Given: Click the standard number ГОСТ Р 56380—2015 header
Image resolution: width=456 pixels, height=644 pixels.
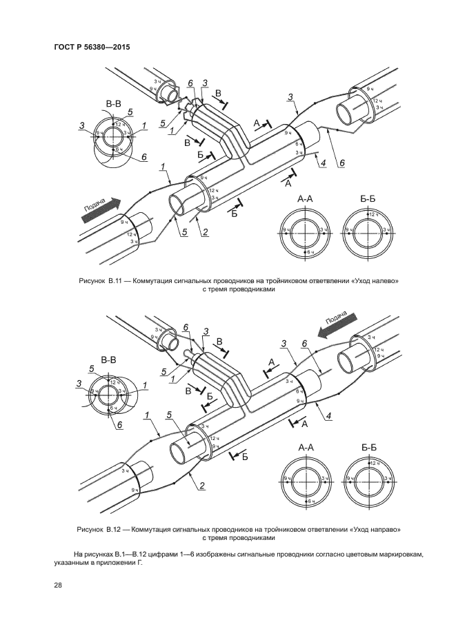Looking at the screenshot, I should (x=91, y=47).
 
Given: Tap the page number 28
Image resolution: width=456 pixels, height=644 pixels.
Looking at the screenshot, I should (x=58, y=585).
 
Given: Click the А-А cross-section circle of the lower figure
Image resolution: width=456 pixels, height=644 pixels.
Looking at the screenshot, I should (x=304, y=478).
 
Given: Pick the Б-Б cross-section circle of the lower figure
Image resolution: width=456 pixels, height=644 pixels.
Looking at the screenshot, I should (x=370, y=478).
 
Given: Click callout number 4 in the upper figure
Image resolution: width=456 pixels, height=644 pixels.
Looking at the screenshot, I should (x=322, y=163).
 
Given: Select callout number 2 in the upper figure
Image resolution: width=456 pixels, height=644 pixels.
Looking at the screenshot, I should (x=205, y=232).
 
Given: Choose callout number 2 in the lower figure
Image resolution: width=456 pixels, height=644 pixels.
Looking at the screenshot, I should (x=202, y=486).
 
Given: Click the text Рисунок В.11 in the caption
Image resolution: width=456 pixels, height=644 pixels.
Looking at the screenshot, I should (x=101, y=281).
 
